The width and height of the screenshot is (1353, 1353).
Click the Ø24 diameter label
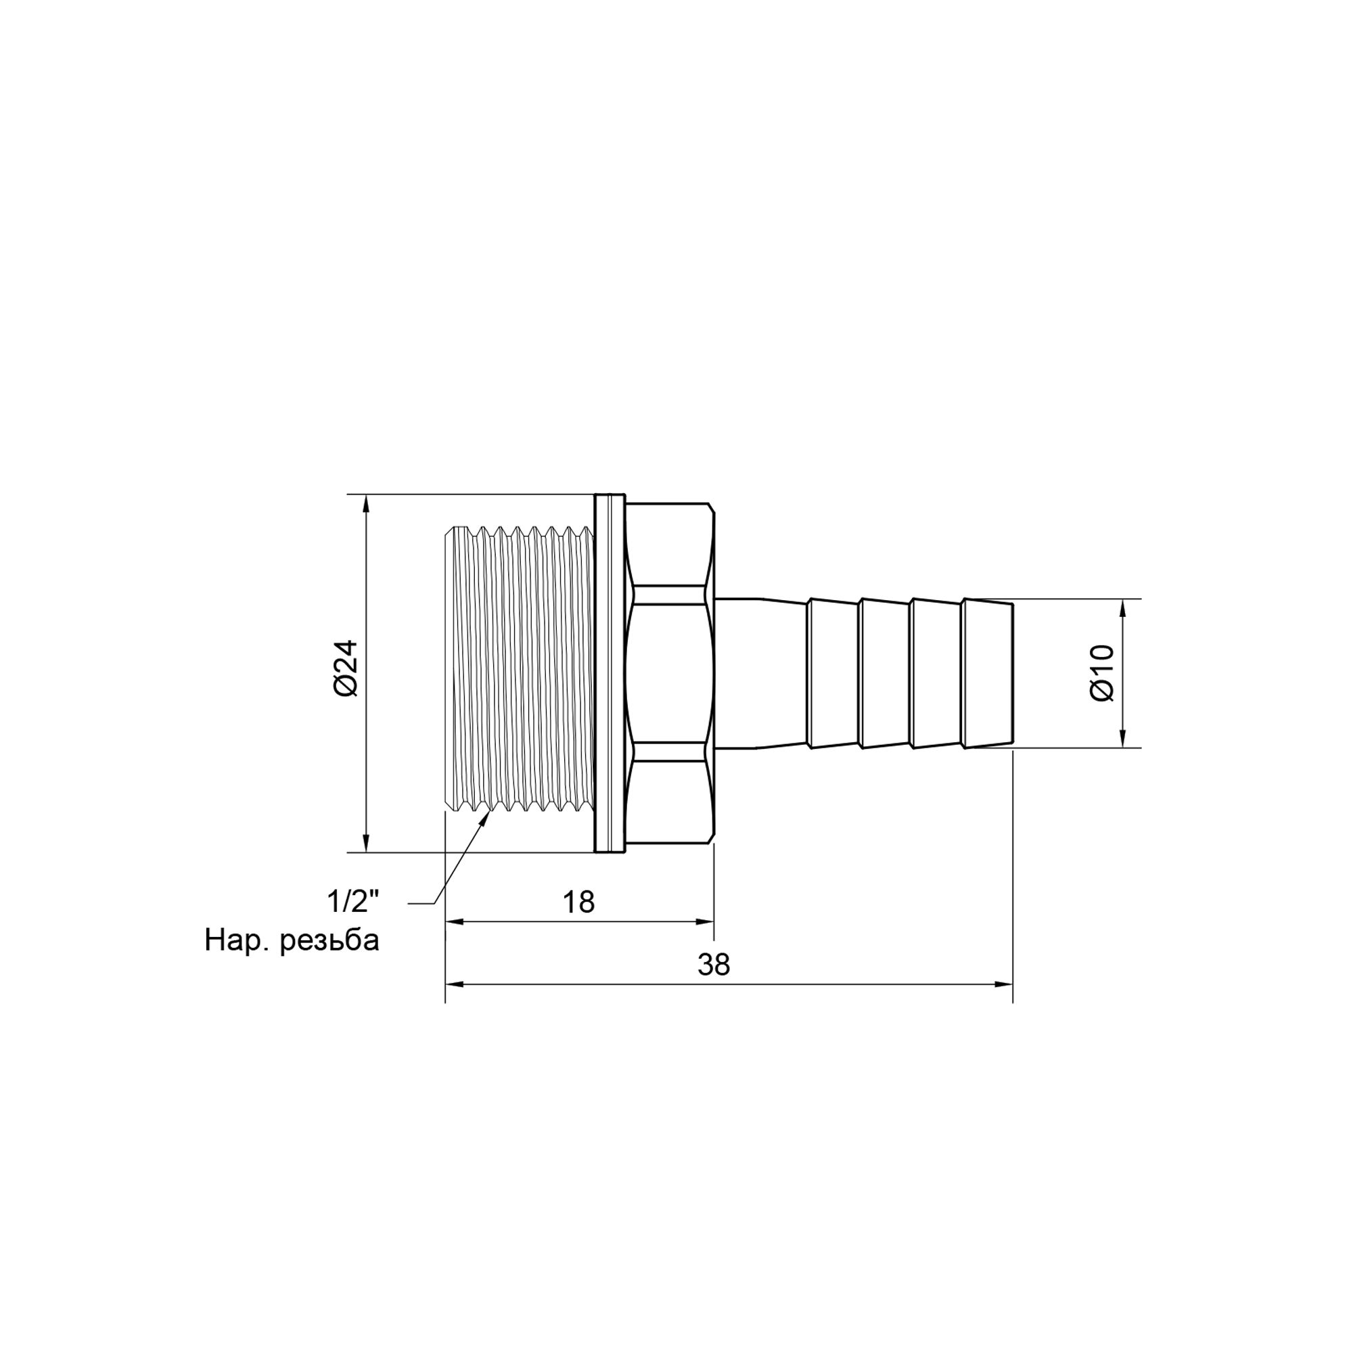click(x=346, y=669)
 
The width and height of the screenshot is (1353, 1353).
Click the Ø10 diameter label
click(x=1102, y=673)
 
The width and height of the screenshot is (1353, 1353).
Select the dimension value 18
click(x=578, y=902)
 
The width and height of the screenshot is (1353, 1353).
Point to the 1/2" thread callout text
click(x=354, y=902)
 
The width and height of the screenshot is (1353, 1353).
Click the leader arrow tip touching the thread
click(x=487, y=816)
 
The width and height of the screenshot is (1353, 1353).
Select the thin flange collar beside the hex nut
click(x=610, y=673)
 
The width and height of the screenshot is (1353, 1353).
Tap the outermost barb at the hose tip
click(x=988, y=673)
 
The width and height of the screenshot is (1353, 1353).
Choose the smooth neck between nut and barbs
click(x=760, y=673)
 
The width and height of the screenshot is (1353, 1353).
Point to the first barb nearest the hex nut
click(x=833, y=673)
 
